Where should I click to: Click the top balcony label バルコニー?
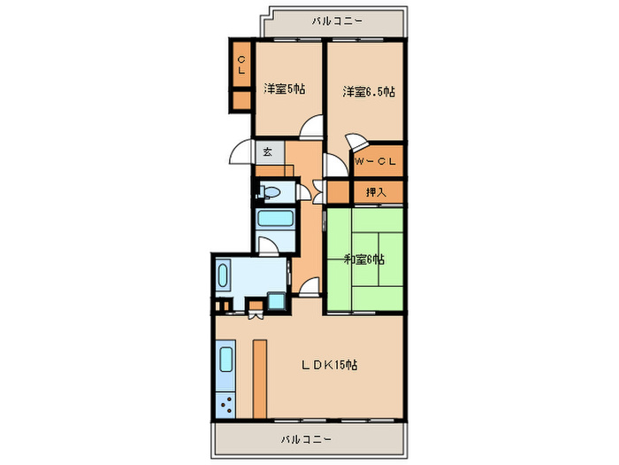pyautogui.click(x=337, y=20)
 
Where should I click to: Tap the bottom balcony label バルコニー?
pyautogui.click(x=306, y=439)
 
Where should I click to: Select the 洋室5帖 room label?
pyautogui.click(x=284, y=89)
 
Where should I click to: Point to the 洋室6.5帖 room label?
pyautogui.click(x=369, y=92)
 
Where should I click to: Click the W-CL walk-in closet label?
pyautogui.click(x=376, y=161)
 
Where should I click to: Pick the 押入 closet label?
pyautogui.click(x=376, y=192)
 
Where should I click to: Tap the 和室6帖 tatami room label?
pyautogui.click(x=364, y=260)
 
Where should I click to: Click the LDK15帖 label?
pyautogui.click(x=330, y=365)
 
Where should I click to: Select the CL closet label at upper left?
pyautogui.click(x=241, y=65)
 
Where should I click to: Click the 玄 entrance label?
pyautogui.click(x=268, y=151)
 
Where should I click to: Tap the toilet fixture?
pyautogui.click(x=269, y=192)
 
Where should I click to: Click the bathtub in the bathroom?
pyautogui.click(x=275, y=218)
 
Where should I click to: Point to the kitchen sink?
pyautogui.click(x=225, y=360)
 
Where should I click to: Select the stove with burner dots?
pyautogui.click(x=225, y=405)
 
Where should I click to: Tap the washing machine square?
pyautogui.click(x=276, y=301)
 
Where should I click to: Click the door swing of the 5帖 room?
pyautogui.click(x=310, y=127)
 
